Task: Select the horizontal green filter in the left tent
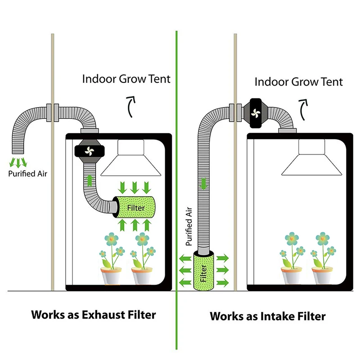tap(135, 208)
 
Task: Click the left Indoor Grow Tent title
tap(126, 79)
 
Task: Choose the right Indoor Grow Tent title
tap(298, 82)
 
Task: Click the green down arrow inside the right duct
tap(203, 184)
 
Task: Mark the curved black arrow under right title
tap(305, 108)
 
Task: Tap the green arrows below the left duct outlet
tap(18, 161)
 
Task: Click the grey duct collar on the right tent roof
tap(287, 131)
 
